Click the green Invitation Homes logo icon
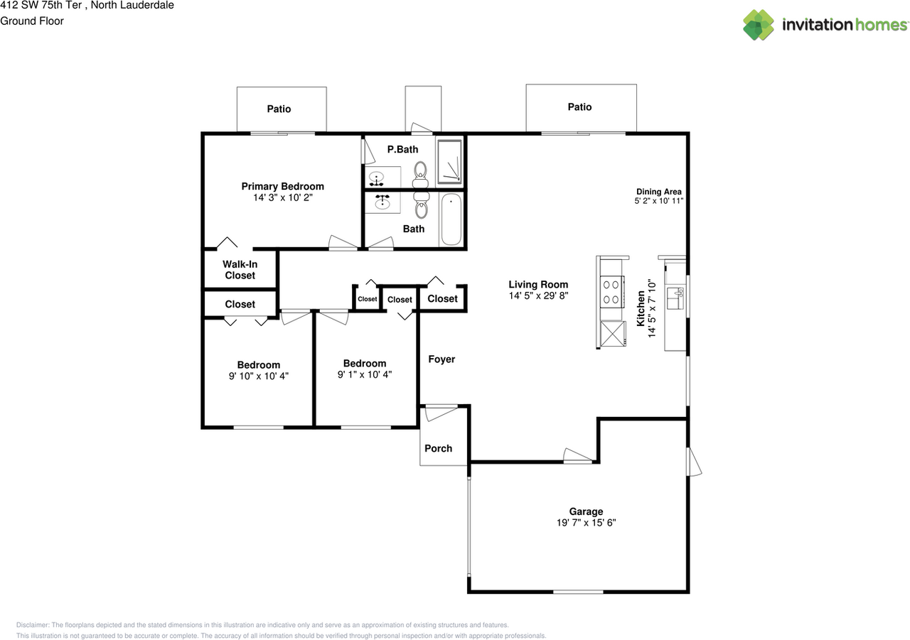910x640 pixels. [759, 25]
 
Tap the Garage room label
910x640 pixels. [586, 511]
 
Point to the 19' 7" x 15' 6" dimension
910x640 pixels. [586, 523]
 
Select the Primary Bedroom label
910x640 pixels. [282, 187]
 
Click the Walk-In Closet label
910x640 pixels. [240, 270]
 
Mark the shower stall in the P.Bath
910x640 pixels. [449, 159]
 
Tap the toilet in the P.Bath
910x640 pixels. [420, 170]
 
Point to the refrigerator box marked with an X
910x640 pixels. [612, 333]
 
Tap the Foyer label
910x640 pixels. [441, 359]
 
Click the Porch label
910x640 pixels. [438, 448]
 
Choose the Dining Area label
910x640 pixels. [658, 192]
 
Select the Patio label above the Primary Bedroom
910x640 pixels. [279, 109]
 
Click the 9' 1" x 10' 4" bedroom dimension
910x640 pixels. [365, 374]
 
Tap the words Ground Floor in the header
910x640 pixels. [32, 21]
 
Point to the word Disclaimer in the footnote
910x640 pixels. [33, 625]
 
